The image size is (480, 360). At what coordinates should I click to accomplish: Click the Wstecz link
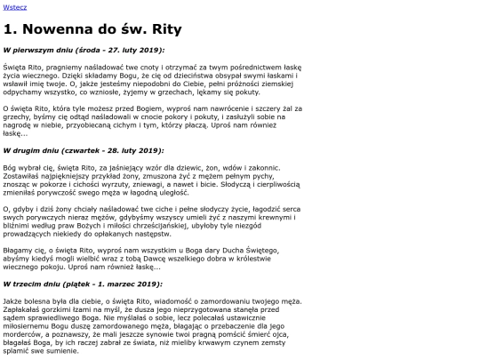pyautogui.click(x=15, y=7)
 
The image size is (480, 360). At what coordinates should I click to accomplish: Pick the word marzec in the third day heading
pyautogui.click(x=134, y=284)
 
